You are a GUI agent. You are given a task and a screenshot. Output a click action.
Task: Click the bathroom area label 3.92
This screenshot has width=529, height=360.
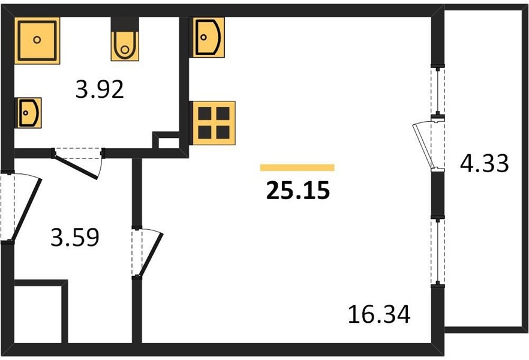(100, 89)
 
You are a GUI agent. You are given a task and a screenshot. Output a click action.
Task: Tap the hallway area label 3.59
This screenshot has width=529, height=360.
(75, 237)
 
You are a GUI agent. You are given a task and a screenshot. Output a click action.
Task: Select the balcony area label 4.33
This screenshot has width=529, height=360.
(484, 163)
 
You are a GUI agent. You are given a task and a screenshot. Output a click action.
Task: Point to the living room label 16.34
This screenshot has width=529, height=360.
(379, 314)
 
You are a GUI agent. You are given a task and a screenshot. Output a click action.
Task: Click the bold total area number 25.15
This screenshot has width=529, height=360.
(298, 190)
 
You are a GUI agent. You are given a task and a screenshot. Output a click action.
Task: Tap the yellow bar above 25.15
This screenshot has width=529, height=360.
(297, 167)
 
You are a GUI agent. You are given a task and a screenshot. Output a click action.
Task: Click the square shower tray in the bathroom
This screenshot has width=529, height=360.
(37, 40)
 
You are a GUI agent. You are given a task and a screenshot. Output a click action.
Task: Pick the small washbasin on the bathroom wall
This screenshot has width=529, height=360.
(28, 113)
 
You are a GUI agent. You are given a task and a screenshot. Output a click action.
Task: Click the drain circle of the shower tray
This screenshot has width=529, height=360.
(37, 40)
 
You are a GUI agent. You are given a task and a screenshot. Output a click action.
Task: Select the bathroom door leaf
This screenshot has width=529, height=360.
(76, 167)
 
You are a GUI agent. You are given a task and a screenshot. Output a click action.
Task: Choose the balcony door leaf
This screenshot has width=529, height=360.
(422, 146)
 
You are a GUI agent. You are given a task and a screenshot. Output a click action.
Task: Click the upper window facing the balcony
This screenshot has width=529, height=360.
(438, 91)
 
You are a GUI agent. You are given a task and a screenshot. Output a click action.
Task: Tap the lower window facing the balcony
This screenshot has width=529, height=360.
(438, 251)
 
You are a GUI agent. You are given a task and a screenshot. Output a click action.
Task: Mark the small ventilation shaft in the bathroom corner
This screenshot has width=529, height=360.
(166, 140)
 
